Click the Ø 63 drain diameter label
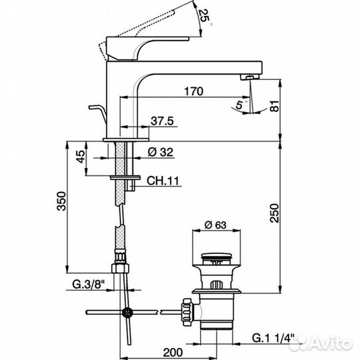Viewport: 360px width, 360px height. pyautogui.click(x=214, y=225)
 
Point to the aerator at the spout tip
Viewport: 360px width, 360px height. pyautogui.click(x=249, y=77)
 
